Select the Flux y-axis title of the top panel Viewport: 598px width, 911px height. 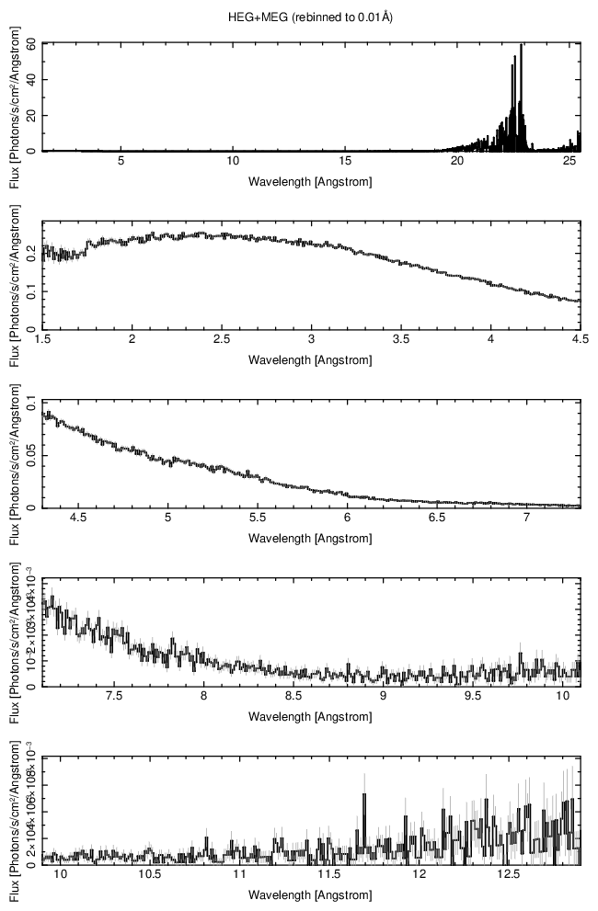[15, 97]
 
